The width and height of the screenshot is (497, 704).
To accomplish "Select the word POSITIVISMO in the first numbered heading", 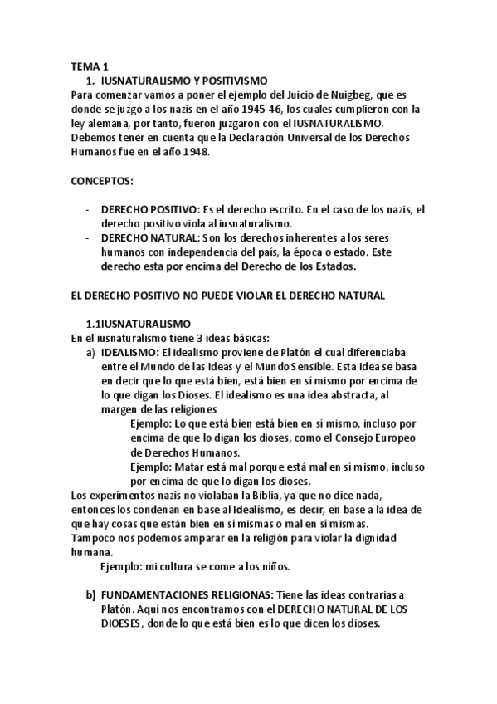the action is coord(233,81).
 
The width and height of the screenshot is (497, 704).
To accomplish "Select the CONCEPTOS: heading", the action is coord(103,180).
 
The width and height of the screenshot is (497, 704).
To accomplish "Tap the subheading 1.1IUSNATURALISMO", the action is coord(139,322).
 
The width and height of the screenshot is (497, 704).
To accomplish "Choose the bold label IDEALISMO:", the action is coord(130,352).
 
